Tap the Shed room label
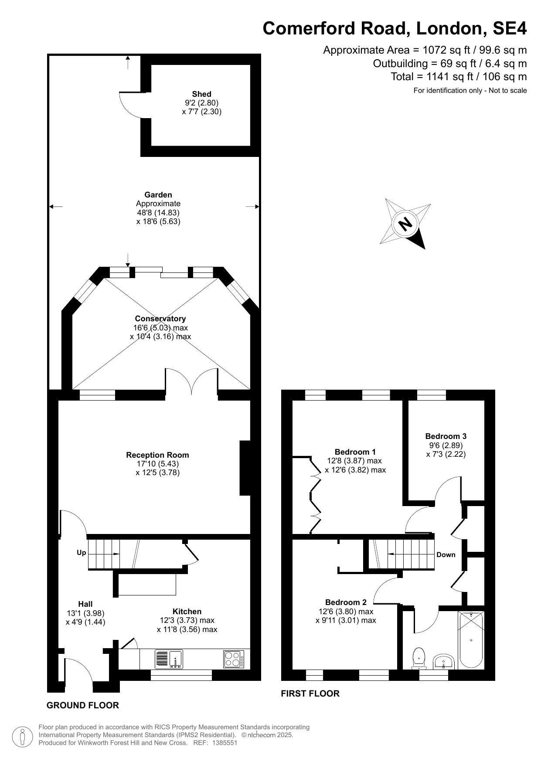click(x=201, y=94)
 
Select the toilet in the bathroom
click(x=419, y=658)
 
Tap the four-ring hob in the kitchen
click(x=234, y=659)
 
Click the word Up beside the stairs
click(x=81, y=553)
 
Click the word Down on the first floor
click(x=446, y=555)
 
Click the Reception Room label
click(x=157, y=455)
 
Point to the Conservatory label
click(x=160, y=319)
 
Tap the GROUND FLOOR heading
click(x=82, y=705)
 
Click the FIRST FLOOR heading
click(x=310, y=694)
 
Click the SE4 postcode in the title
click(x=509, y=28)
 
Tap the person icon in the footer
click(x=22, y=736)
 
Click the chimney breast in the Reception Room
click(x=245, y=468)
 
